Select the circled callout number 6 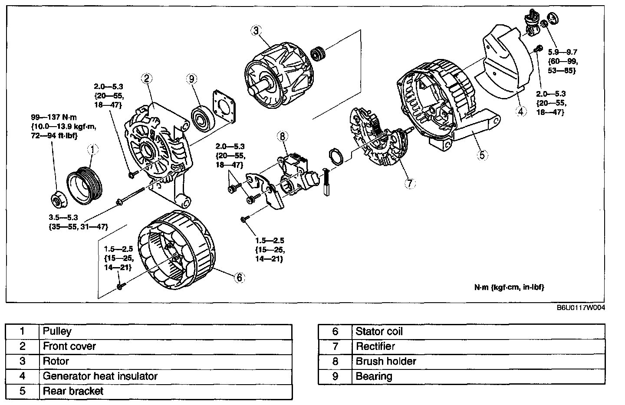(239, 277)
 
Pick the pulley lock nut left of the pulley (56, 201)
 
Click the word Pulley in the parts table (57, 332)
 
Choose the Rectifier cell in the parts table (375, 346)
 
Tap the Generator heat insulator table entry (100, 376)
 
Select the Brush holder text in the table (386, 362)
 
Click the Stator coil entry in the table (379, 332)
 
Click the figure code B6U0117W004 (581, 307)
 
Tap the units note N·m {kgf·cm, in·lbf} (509, 287)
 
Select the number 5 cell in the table (23, 391)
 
